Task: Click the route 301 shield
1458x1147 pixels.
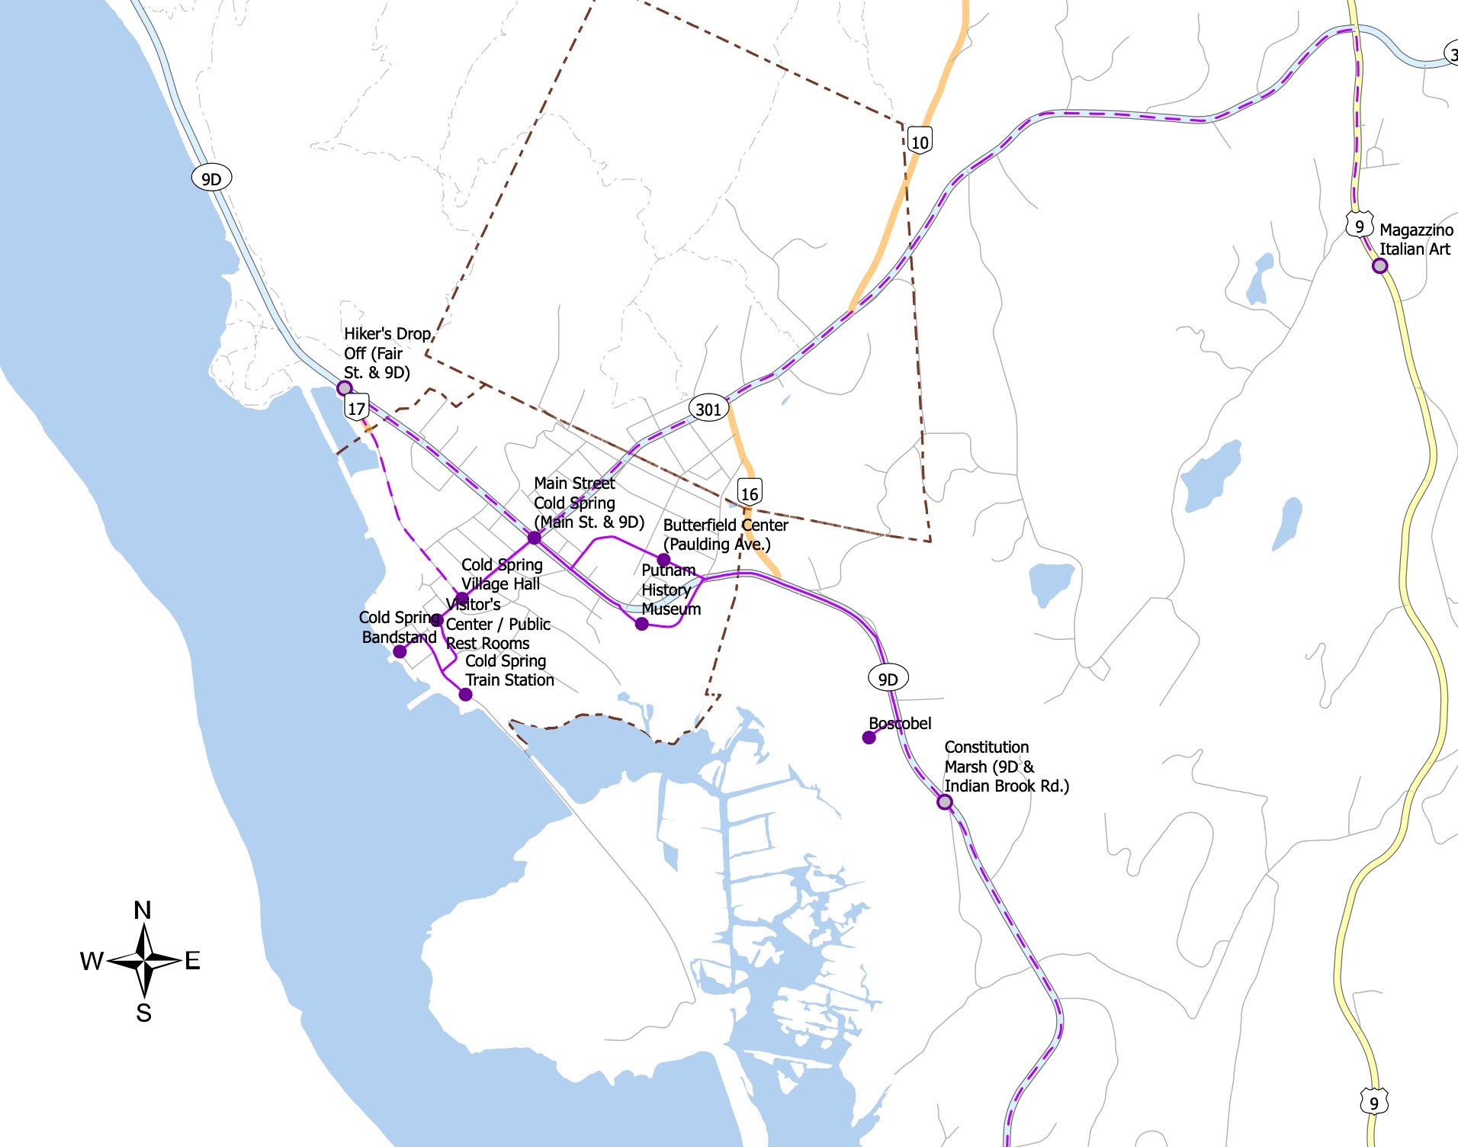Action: point(708,409)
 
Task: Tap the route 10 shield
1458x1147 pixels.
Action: point(920,141)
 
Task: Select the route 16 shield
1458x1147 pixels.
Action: point(750,493)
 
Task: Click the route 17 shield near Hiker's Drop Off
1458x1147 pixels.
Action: point(356,407)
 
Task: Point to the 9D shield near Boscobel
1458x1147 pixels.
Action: point(888,679)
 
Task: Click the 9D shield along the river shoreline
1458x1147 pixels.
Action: point(211,178)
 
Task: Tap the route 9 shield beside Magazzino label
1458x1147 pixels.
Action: point(1359,226)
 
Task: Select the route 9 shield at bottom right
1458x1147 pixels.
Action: point(1373,1102)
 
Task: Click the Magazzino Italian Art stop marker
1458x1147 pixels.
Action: point(1379,266)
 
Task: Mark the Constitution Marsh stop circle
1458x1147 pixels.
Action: point(944,802)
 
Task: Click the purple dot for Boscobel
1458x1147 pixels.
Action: point(869,737)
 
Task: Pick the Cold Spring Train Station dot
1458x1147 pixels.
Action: point(465,695)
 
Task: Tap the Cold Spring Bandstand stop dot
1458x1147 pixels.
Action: point(400,652)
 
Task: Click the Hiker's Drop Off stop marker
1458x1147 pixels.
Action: point(345,388)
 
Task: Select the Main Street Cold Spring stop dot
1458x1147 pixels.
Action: point(535,538)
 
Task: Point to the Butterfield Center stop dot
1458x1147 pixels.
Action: point(663,560)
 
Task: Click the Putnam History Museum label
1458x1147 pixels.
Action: point(670,590)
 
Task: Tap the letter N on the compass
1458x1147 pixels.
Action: point(143,910)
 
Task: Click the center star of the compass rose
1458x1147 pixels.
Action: point(144,961)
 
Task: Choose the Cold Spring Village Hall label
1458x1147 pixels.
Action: point(501,574)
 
